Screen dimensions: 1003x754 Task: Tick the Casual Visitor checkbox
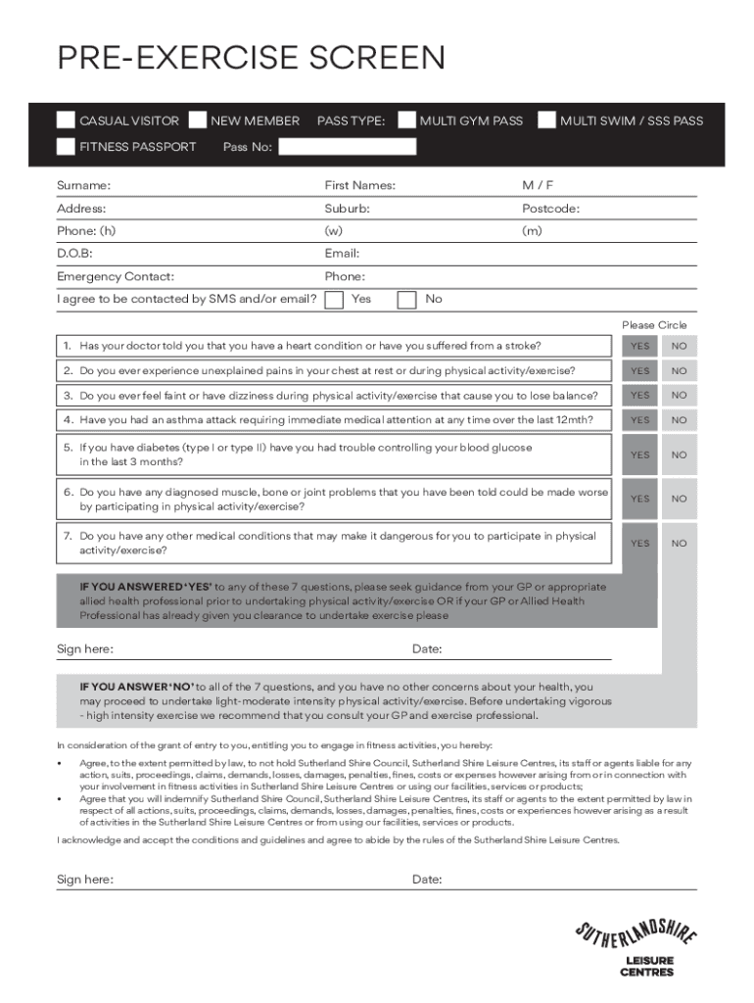point(66,120)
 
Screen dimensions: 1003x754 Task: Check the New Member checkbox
point(197,120)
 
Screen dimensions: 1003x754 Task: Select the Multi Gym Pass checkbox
point(406,120)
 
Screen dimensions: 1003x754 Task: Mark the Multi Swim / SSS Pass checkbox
point(546,120)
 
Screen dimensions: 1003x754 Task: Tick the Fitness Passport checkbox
point(66,147)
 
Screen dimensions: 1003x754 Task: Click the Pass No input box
point(348,147)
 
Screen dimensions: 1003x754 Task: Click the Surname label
point(83,185)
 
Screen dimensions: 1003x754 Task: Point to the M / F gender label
point(538,185)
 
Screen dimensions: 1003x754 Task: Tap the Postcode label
point(550,209)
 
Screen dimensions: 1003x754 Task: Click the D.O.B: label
point(74,254)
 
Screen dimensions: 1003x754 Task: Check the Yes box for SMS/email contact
point(334,299)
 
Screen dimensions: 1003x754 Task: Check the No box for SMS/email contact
point(407,299)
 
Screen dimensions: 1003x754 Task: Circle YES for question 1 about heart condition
point(639,346)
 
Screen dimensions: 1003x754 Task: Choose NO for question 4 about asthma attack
point(679,419)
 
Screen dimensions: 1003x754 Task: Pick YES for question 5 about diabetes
point(639,454)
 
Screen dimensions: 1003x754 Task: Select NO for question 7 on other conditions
point(679,543)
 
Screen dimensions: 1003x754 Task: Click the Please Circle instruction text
point(654,325)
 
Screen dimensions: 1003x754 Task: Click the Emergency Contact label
point(116,276)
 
